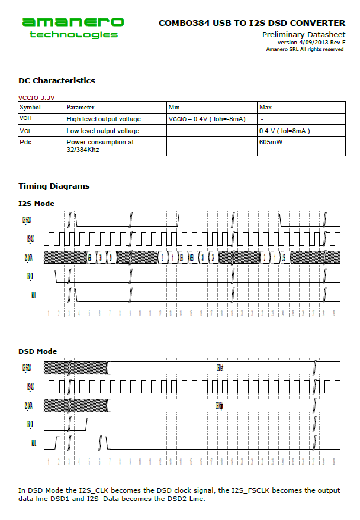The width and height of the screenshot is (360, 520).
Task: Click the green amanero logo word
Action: (73, 22)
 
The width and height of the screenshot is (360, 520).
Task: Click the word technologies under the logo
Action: (73, 35)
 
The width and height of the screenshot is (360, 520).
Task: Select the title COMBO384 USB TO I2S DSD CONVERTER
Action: (252, 23)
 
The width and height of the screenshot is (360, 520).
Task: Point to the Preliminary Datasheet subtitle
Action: (303, 35)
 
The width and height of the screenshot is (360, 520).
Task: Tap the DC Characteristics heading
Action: (56, 81)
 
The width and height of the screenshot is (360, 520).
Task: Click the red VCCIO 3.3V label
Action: (36, 98)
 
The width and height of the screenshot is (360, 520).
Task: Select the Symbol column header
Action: (30, 108)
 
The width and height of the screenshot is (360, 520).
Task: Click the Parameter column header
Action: (80, 108)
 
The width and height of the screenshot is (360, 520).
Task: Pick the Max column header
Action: (265, 108)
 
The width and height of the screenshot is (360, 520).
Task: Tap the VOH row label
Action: (26, 119)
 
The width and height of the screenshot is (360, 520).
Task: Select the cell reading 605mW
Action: (271, 142)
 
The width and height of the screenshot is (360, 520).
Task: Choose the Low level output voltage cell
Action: (103, 131)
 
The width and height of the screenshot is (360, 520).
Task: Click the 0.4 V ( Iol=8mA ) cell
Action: (285, 131)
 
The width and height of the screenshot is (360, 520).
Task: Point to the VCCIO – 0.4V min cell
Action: (207, 119)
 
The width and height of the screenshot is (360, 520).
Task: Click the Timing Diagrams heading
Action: (54, 186)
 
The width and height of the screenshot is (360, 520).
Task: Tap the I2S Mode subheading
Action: (36, 204)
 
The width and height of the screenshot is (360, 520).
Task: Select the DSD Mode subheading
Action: (38, 351)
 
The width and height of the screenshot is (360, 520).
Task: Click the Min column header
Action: (174, 108)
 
